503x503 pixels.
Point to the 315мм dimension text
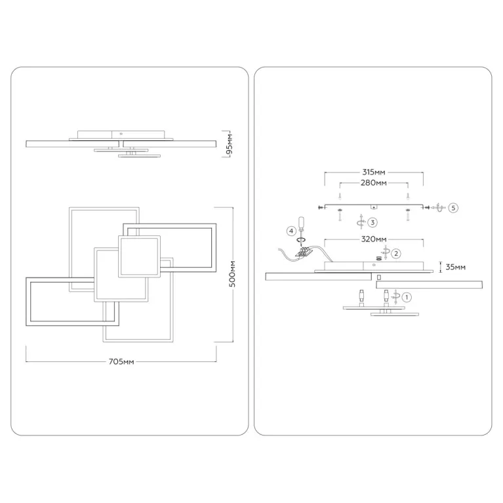[373, 172]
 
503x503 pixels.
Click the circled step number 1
[407, 297]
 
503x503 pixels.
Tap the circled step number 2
[396, 252]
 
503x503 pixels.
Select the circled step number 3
[372, 222]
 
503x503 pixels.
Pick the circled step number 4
[291, 230]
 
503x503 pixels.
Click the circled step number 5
[453, 207]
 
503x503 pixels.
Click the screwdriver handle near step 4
[302, 222]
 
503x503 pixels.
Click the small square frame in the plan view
[139, 255]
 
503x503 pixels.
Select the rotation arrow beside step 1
[395, 296]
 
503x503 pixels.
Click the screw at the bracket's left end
[319, 207]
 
